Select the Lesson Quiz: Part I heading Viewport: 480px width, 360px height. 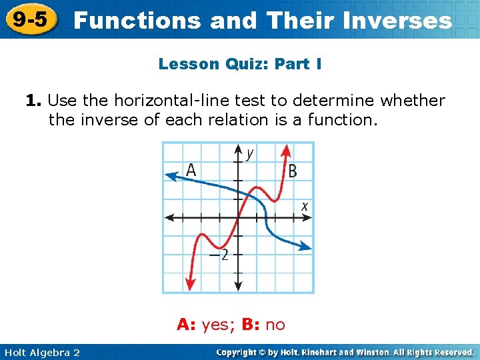240,64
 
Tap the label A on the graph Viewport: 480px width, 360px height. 191,171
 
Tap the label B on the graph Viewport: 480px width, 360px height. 292,171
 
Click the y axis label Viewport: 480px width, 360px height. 249,154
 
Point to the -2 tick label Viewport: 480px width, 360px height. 218,255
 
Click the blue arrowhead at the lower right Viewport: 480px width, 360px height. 306,247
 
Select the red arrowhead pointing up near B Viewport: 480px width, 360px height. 286,149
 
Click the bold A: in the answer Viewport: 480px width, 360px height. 187,325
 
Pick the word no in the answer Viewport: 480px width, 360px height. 275,325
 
